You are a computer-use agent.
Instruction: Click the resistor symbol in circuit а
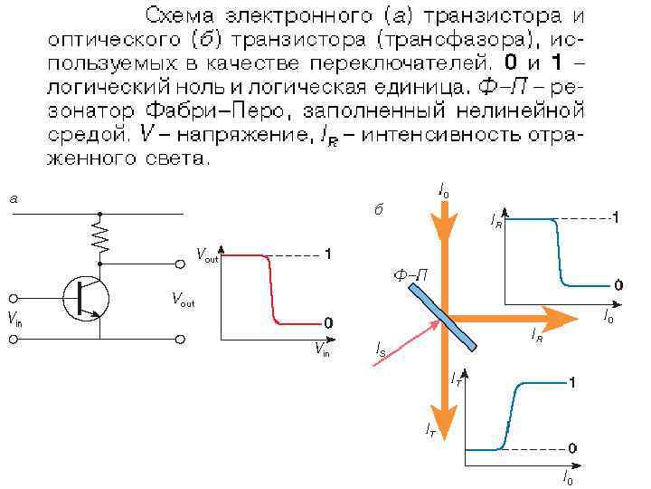(x=99, y=238)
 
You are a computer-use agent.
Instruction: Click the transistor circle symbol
(x=86, y=296)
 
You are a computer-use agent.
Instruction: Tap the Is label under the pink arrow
(x=382, y=350)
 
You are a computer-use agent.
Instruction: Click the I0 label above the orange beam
(x=443, y=190)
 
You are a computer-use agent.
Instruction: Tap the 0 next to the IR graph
(x=618, y=284)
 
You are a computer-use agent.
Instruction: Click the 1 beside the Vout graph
(x=328, y=253)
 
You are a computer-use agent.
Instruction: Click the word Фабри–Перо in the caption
(x=193, y=110)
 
